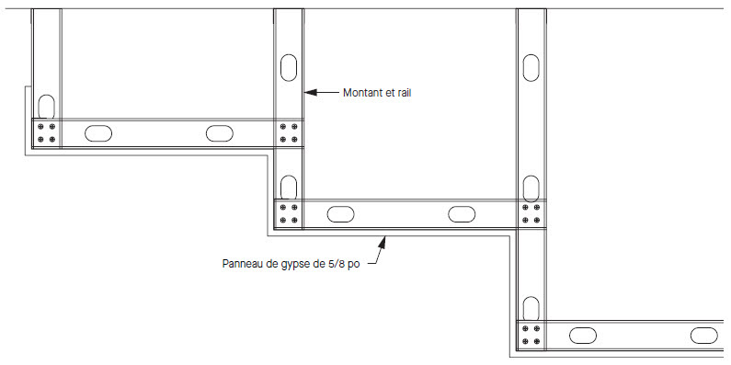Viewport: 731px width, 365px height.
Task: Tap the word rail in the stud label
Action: pyautogui.click(x=404, y=93)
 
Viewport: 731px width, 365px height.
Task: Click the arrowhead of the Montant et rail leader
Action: pyautogui.click(x=311, y=92)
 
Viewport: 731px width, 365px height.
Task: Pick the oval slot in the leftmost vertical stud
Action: pyautogui.click(x=46, y=107)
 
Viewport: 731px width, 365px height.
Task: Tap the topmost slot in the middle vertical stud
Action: pyautogui.click(x=289, y=68)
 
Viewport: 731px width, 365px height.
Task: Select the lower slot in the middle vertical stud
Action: pyautogui.click(x=289, y=188)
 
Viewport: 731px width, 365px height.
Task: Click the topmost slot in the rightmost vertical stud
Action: pyautogui.click(x=531, y=68)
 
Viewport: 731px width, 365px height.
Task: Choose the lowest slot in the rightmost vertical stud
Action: pyautogui.click(x=531, y=309)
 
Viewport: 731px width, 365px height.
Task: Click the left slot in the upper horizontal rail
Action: pyautogui.click(x=98, y=133)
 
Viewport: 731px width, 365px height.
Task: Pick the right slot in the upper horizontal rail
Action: pyautogui.click(x=220, y=133)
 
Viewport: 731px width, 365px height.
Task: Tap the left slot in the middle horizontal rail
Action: pyautogui.click(x=341, y=214)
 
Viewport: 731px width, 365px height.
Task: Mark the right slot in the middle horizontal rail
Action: pyautogui.click(x=462, y=214)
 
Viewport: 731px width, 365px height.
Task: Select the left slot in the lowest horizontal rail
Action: pyautogui.click(x=583, y=336)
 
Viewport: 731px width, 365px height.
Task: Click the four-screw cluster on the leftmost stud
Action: pyautogui.click(x=46, y=133)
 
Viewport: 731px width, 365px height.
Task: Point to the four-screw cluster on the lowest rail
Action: pyautogui.click(x=531, y=335)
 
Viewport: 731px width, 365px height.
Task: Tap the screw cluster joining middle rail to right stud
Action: pyautogui.click(x=531, y=213)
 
